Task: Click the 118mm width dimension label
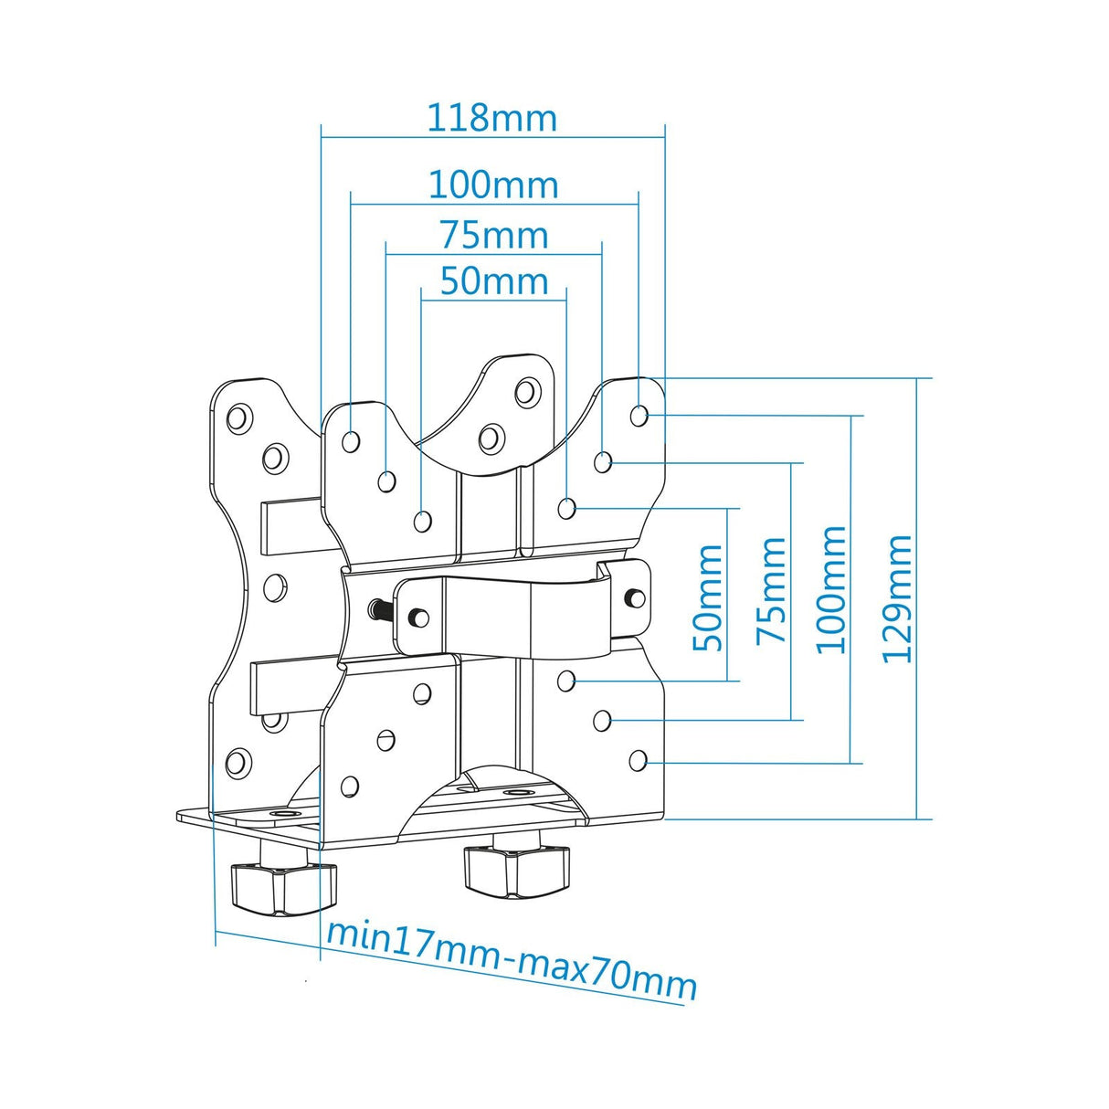pyautogui.click(x=491, y=119)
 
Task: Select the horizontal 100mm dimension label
pyautogui.click(x=493, y=185)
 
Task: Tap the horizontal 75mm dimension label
pyautogui.click(x=493, y=236)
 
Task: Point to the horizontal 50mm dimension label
pyautogui.click(x=493, y=281)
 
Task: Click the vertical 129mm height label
pyautogui.click(x=898, y=598)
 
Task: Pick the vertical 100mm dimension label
pyautogui.click(x=831, y=589)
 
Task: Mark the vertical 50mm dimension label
pyautogui.click(x=709, y=597)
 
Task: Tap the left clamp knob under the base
pyautogui.click(x=283, y=888)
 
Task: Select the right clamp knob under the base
pyautogui.click(x=516, y=870)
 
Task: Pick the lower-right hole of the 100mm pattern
pyautogui.click(x=639, y=759)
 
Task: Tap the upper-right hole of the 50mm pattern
pyautogui.click(x=566, y=507)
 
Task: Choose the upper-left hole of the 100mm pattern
pyautogui.click(x=350, y=442)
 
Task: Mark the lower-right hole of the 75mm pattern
pyautogui.click(x=602, y=721)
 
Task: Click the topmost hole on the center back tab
pyautogui.click(x=526, y=392)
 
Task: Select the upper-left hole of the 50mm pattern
pyautogui.click(x=422, y=522)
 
